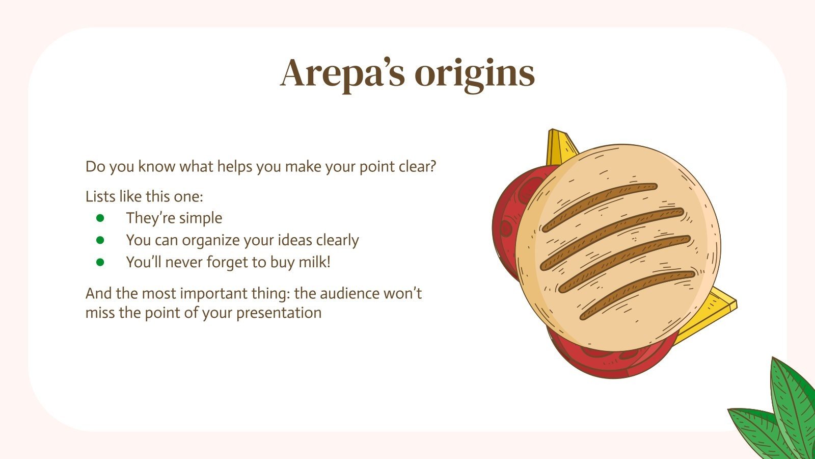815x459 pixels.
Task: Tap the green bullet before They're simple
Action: point(100,218)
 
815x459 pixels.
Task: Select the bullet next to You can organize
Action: point(100,240)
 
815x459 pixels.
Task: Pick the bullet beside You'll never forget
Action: point(100,262)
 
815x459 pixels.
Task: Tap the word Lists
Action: point(101,196)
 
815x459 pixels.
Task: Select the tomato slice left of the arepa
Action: point(507,224)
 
